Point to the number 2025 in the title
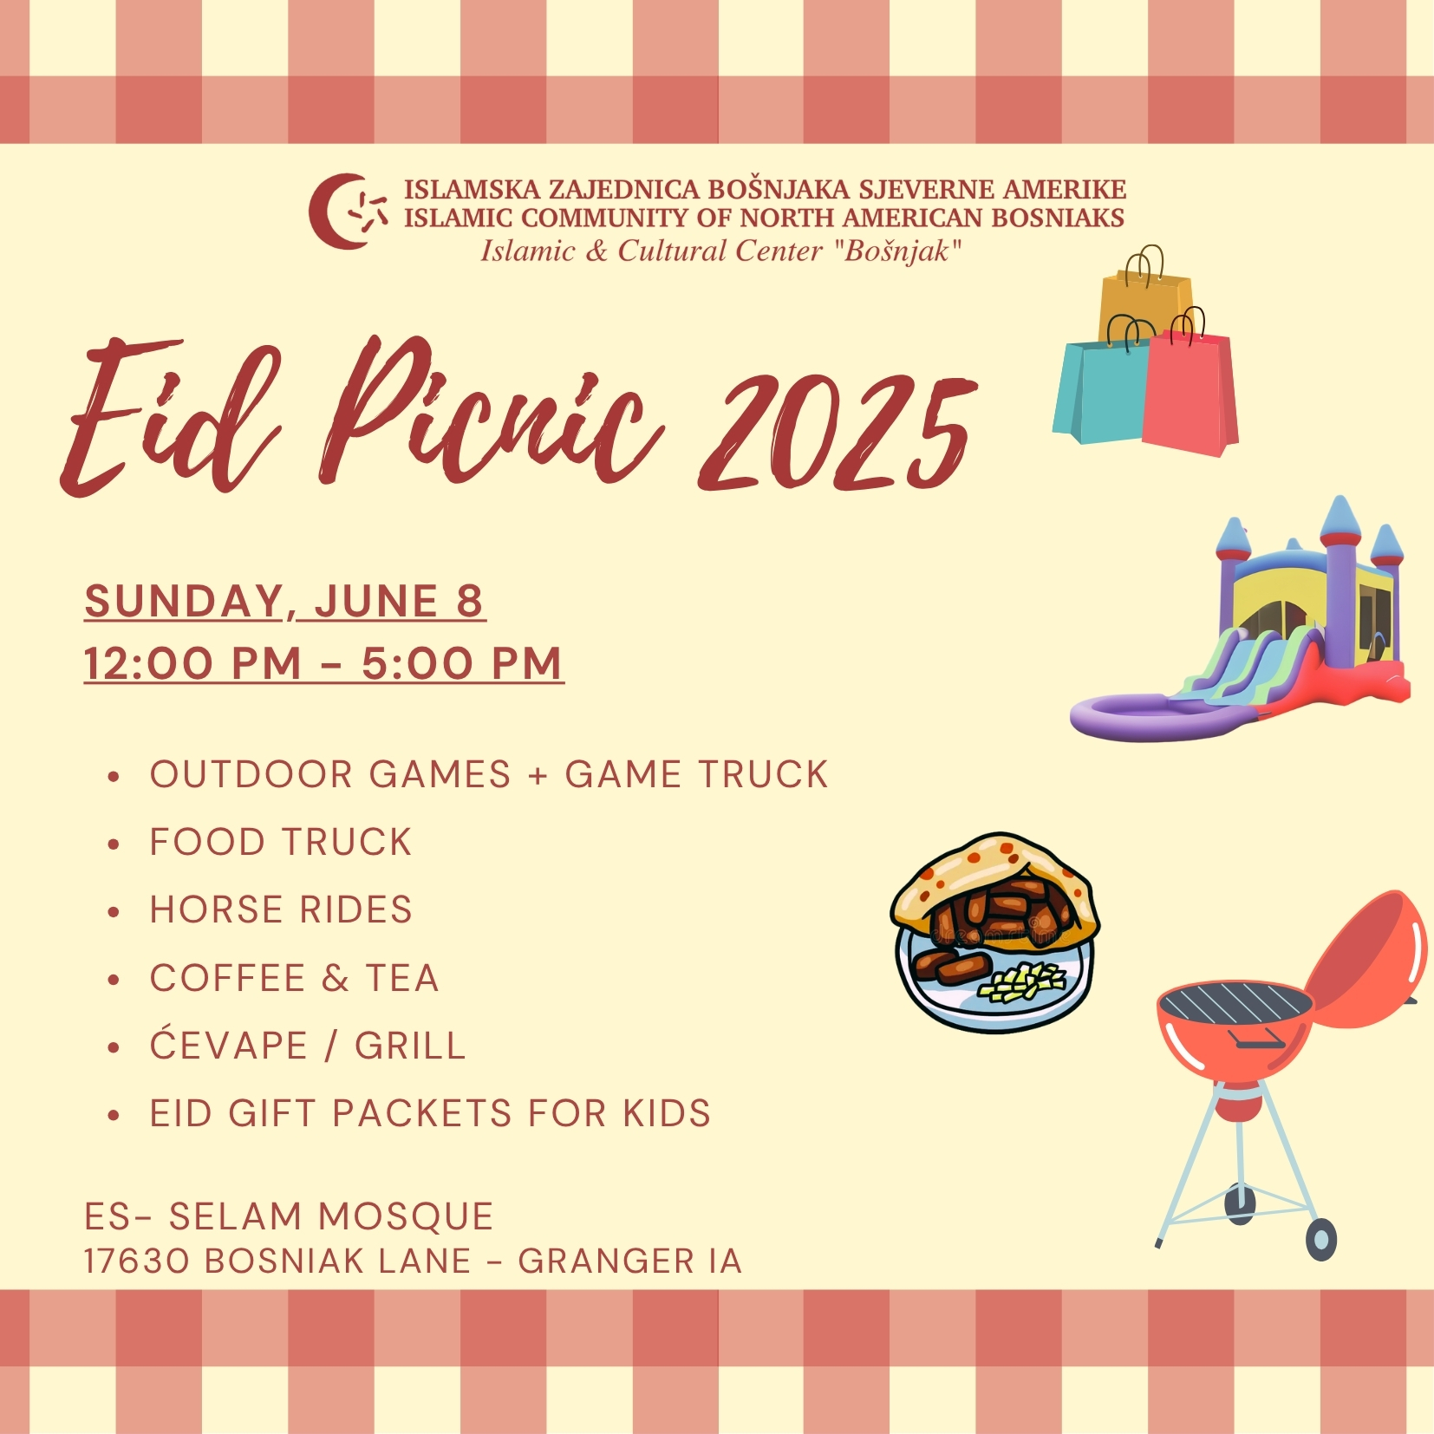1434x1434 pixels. [839, 433]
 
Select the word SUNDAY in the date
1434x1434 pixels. [185, 601]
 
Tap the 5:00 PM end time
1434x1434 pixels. [462, 663]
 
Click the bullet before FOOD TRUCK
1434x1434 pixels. [114, 844]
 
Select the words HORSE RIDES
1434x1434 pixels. [281, 909]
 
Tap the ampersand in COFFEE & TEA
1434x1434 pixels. [335, 978]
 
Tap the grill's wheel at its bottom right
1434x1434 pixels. [1321, 1240]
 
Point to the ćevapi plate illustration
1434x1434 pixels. [994, 933]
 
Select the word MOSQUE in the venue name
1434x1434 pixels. [406, 1216]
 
